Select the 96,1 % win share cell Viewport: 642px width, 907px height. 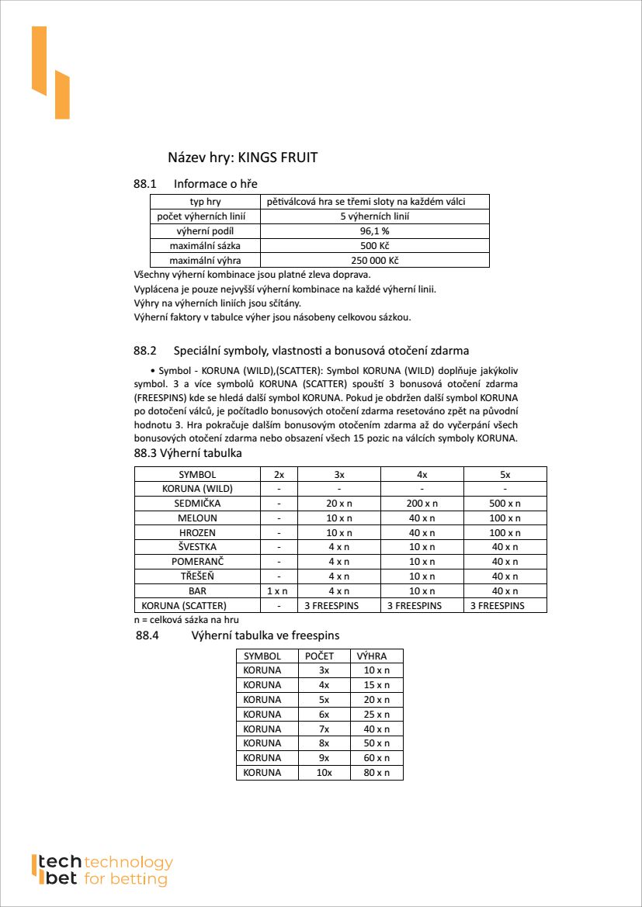pos(374,231)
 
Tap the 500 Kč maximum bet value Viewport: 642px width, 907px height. pos(374,246)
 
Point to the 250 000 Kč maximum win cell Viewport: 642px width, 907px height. pos(374,261)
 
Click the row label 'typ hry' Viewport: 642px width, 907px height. pos(205,202)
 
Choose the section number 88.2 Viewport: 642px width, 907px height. pos(145,351)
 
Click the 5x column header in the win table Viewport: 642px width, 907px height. pos(505,474)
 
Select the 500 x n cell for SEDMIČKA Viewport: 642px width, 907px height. pos(505,504)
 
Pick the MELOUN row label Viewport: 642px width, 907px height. pos(197,518)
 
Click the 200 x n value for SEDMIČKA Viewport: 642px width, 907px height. pos(422,504)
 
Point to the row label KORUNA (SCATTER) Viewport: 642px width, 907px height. pos(184,605)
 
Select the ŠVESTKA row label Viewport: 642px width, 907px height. pos(197,547)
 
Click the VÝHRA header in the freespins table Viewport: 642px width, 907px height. pos(372,656)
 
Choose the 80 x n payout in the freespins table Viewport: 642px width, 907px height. pos(377,773)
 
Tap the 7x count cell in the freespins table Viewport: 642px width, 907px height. pos(324,729)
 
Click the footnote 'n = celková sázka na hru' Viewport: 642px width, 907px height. pos(186,619)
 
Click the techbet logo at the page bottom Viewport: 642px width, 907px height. pos(102,871)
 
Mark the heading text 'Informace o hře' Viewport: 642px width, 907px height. pos(216,184)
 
